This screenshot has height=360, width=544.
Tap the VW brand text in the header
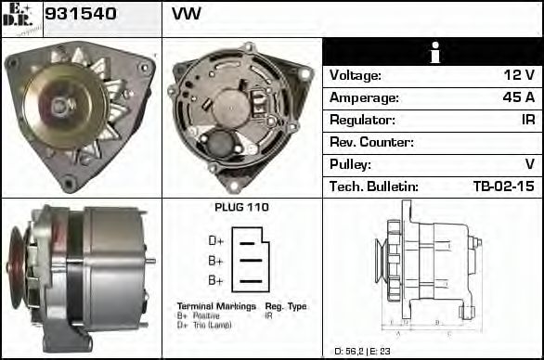(187, 15)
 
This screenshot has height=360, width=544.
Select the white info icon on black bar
(433, 53)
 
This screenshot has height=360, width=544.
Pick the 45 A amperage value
(518, 97)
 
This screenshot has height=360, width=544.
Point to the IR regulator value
(527, 120)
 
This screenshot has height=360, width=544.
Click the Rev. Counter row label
(371, 142)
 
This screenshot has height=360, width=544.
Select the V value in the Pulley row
(529, 164)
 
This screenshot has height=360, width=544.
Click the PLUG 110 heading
(241, 208)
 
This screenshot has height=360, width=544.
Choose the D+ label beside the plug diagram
(216, 240)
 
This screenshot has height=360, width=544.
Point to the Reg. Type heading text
(286, 306)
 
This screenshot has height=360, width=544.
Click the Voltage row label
(356, 75)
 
